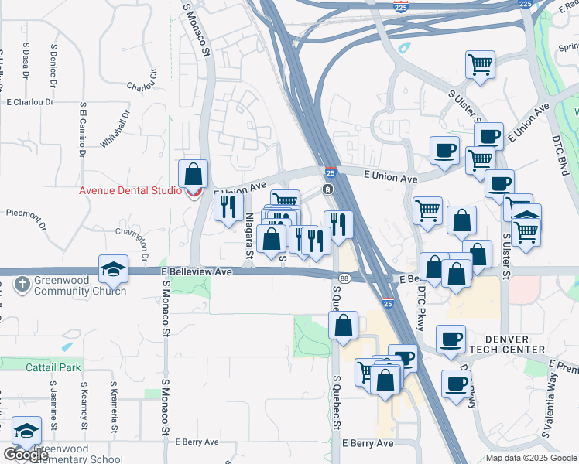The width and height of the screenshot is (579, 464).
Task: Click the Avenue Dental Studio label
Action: point(130,191)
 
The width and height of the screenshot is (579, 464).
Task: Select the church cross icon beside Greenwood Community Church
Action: point(23,285)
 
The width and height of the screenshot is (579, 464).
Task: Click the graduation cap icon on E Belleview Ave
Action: point(113,268)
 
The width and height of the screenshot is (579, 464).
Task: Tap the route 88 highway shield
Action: point(344,278)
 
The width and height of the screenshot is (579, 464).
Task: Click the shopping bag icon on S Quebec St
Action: point(344,326)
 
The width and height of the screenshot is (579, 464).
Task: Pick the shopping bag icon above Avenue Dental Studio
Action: point(193,173)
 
